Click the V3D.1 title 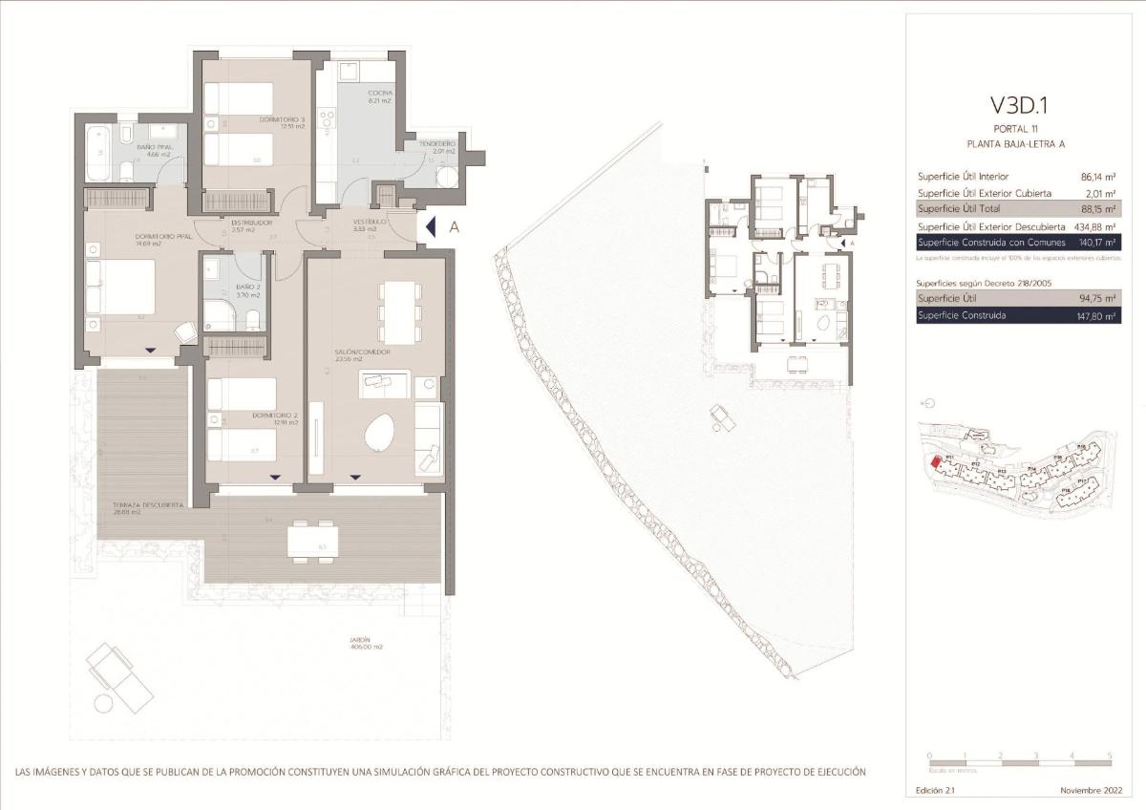tap(1014, 103)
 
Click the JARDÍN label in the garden tap(359, 641)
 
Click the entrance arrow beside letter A tap(431, 226)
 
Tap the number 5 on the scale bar tap(1109, 755)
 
